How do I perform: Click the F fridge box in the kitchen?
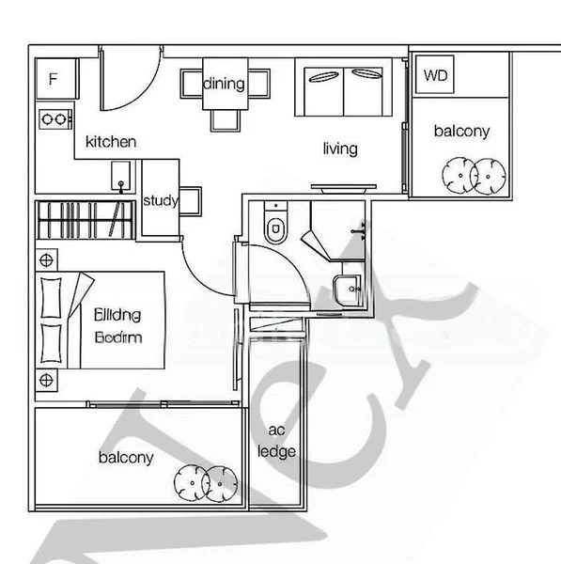53,77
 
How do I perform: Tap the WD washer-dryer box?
435,74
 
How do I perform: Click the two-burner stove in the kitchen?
55,119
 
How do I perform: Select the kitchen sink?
120,176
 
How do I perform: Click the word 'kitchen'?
111,142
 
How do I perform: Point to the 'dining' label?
224,84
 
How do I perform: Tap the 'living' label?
340,149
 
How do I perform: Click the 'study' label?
160,199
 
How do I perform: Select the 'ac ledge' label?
276,441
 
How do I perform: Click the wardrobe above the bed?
85,222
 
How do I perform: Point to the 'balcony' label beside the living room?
460,132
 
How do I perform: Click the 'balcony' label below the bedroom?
126,458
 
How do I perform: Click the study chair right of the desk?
191,199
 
